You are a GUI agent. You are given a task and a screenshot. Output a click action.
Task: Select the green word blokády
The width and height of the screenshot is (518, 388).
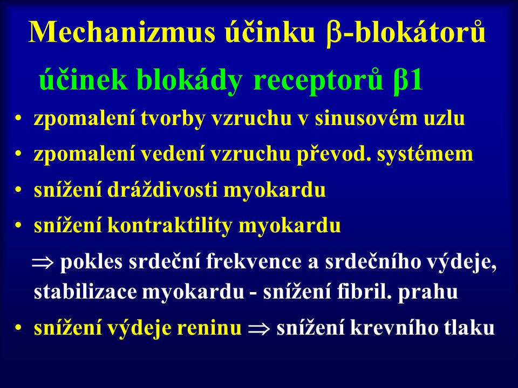[189, 80]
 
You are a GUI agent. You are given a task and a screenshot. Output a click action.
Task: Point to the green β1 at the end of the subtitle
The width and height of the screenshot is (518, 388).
[408, 81]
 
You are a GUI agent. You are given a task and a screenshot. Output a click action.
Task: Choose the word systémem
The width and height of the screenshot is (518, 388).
[425, 155]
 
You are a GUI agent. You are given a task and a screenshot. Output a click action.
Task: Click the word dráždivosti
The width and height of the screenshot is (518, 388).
[162, 190]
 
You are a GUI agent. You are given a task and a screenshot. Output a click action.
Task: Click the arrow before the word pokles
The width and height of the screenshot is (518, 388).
[42, 264]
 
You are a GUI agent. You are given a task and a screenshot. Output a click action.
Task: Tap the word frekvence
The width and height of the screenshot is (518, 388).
[254, 262]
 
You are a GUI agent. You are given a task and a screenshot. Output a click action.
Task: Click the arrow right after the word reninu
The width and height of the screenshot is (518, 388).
[258, 329]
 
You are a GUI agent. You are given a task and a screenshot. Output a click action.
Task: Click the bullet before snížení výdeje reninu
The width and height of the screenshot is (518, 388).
[18, 329]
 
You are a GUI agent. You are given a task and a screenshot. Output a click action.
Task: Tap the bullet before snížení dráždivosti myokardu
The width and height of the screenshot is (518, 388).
[18, 190]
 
